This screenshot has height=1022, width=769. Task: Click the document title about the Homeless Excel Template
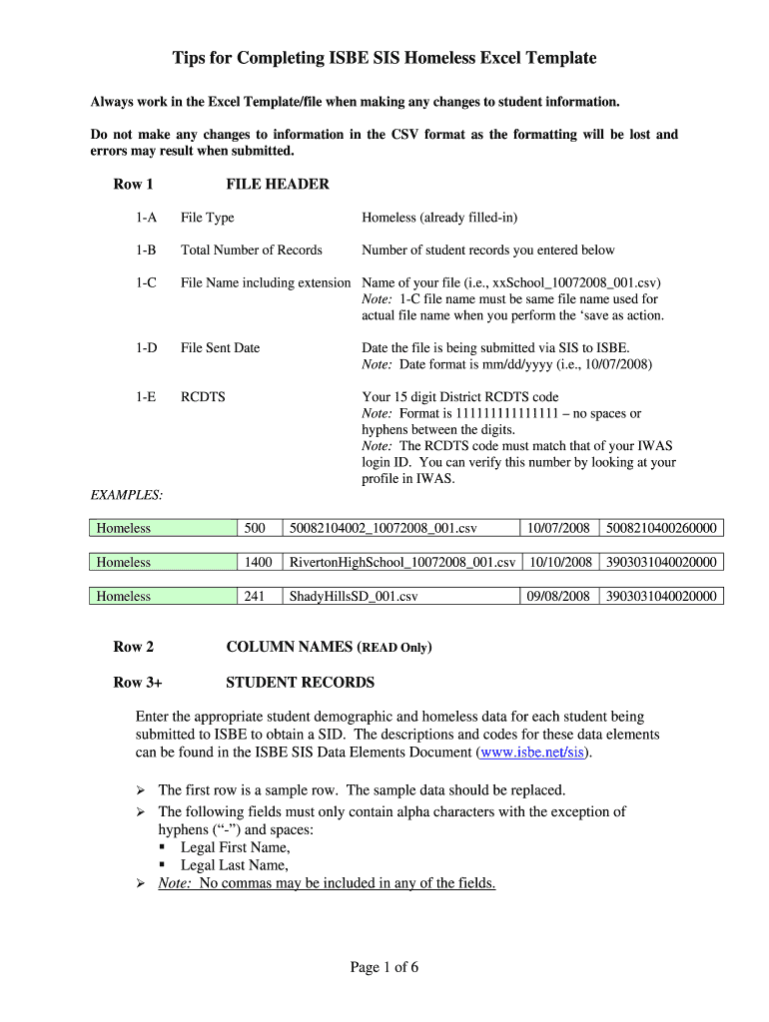(384, 58)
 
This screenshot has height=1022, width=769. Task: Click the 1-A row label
(147, 218)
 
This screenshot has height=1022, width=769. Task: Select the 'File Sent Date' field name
(220, 348)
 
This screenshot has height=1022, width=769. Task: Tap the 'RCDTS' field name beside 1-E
(203, 397)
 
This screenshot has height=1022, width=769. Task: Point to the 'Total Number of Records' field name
(251, 251)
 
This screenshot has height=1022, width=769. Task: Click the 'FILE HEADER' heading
(278, 185)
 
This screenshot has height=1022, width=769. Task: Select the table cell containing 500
(256, 529)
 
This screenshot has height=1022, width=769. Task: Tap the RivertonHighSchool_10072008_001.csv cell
(401, 563)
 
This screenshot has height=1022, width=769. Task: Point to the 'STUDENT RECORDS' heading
(300, 683)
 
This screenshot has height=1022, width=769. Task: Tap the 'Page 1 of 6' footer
(384, 967)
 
